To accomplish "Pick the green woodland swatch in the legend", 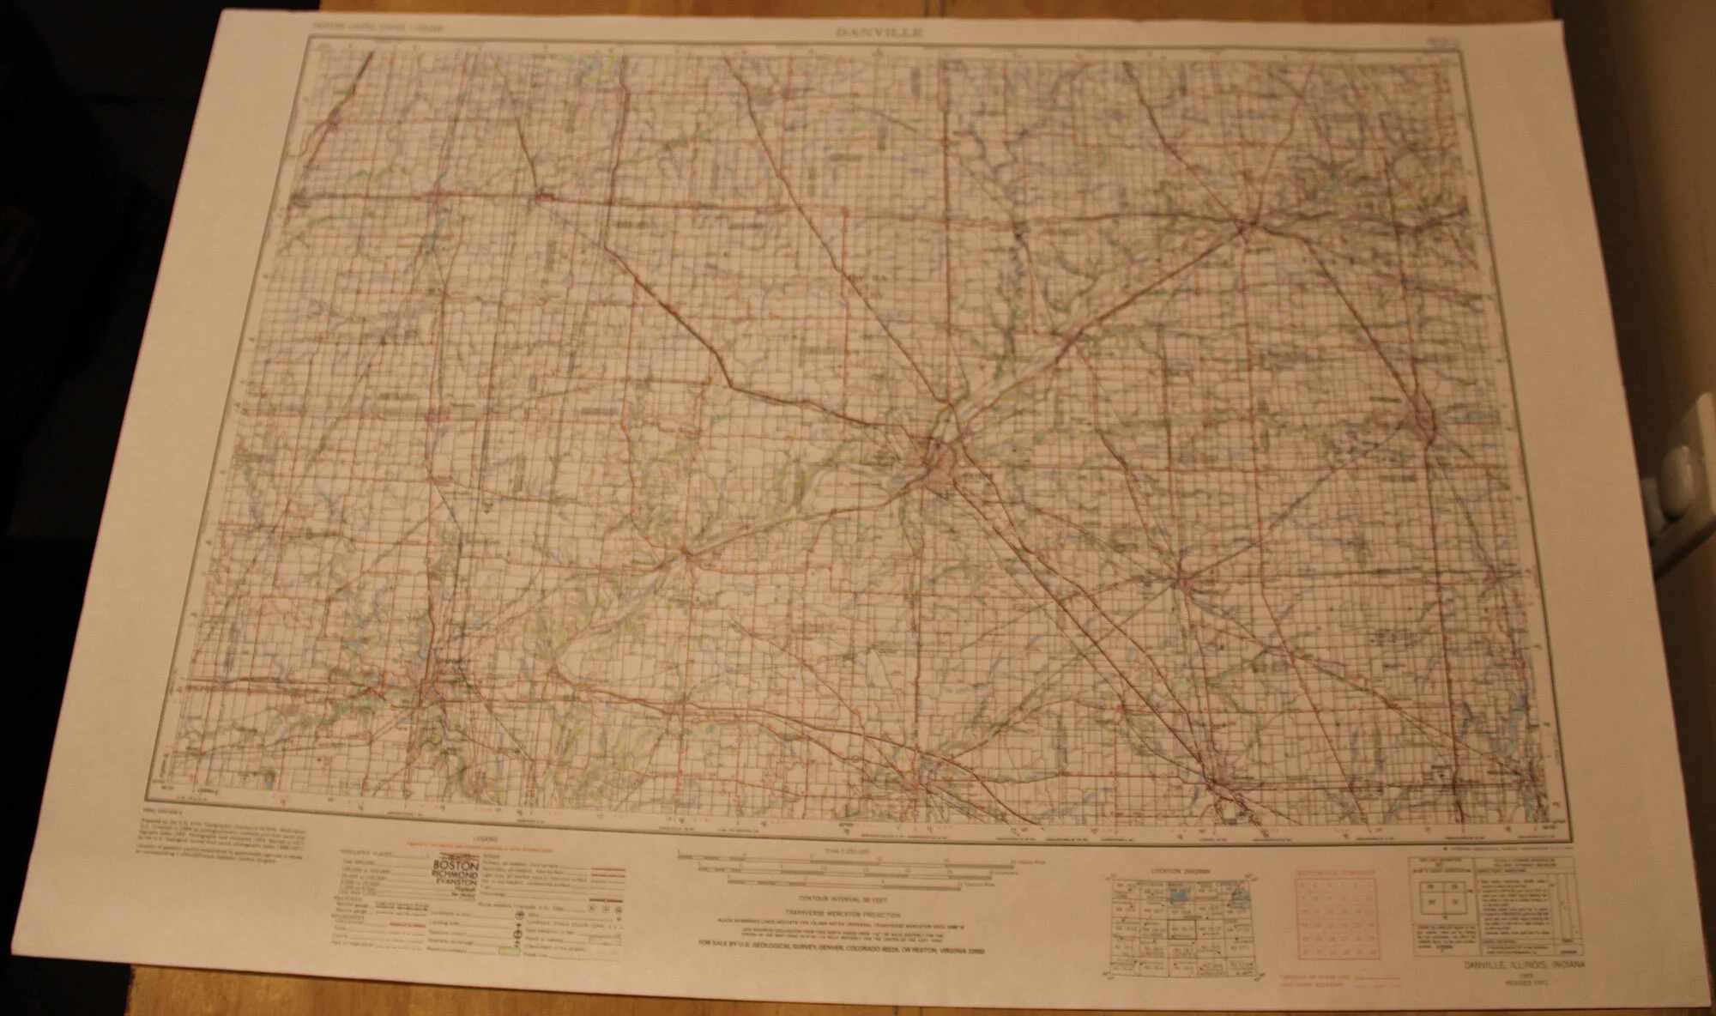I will point(507,951).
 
